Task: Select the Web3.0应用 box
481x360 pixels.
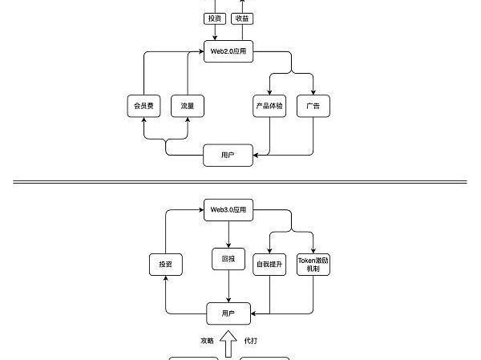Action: pyautogui.click(x=228, y=209)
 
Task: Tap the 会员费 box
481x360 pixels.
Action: pyautogui.click(x=144, y=105)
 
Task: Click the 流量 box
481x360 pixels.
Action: pyautogui.click(x=188, y=105)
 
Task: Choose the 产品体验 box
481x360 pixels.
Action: pyautogui.click(x=269, y=105)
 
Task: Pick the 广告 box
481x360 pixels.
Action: pyautogui.click(x=313, y=105)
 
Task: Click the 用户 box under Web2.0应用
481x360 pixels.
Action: pyautogui.click(x=228, y=154)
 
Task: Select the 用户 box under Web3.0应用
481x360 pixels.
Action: pyautogui.click(x=228, y=313)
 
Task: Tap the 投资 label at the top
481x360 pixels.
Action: pyautogui.click(x=214, y=18)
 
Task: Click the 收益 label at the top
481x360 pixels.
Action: pyautogui.click(x=242, y=18)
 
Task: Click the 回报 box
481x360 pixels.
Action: pyautogui.click(x=228, y=259)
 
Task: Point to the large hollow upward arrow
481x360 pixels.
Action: pyautogui.click(x=228, y=342)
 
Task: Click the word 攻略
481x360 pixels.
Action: pyautogui.click(x=207, y=341)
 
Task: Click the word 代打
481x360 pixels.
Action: pyautogui.click(x=250, y=341)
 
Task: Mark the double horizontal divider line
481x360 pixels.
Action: pyautogui.click(x=240, y=182)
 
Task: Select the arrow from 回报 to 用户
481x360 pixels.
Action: pyautogui.click(x=228, y=285)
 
